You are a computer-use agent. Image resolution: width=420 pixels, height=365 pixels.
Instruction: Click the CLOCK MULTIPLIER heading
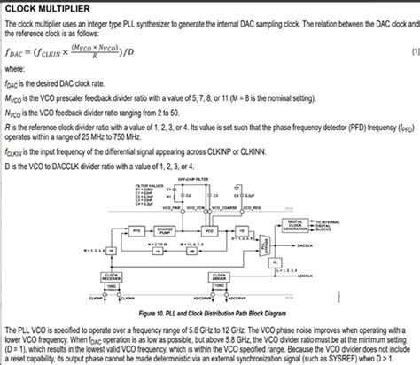(42, 8)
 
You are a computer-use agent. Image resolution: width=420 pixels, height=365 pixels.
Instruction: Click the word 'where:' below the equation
(15, 67)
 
